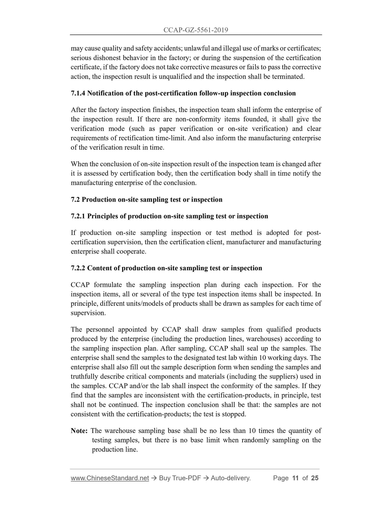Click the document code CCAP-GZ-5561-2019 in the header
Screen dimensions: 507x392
tap(196, 30)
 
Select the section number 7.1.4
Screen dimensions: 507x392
tap(78, 94)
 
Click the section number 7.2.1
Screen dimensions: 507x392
tap(78, 216)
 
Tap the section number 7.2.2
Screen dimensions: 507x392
tap(78, 268)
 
